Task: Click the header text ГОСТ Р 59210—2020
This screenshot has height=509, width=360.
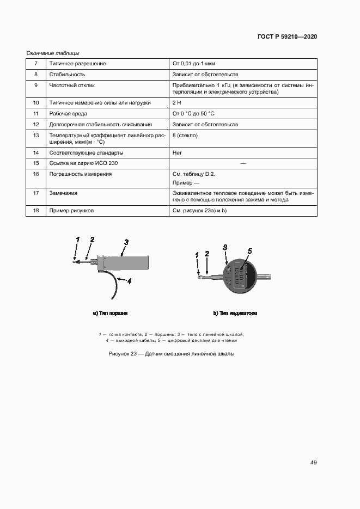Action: [x=286, y=36]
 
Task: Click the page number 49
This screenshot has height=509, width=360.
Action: [x=314, y=462]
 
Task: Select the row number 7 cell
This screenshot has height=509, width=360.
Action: [x=35, y=64]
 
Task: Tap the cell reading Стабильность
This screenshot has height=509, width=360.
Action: [x=67, y=74]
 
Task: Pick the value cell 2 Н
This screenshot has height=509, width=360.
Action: [x=176, y=102]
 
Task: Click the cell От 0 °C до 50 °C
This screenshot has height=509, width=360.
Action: [x=193, y=113]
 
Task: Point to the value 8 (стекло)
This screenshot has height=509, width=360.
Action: [x=185, y=135]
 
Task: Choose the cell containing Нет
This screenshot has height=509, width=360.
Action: [x=178, y=152]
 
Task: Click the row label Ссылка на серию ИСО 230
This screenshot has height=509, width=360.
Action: [x=83, y=163]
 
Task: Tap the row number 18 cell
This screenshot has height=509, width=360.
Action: [x=35, y=210]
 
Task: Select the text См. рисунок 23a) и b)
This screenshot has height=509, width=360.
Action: [x=199, y=210]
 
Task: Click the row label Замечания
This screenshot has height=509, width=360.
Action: [x=63, y=193]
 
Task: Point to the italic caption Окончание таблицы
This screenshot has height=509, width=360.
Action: [x=53, y=53]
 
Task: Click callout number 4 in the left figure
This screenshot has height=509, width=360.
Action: [x=129, y=281]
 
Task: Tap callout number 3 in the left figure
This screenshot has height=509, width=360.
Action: [x=126, y=242]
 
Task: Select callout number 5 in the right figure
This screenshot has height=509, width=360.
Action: [x=250, y=251]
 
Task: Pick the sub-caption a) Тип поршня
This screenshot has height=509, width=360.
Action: [x=111, y=314]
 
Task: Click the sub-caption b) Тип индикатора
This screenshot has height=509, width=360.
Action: [x=235, y=314]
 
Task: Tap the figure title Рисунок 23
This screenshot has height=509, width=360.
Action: [x=172, y=354]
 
